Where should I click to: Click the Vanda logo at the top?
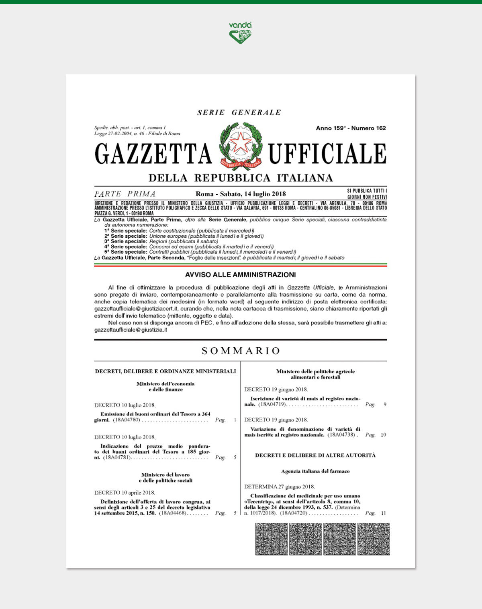point(240,33)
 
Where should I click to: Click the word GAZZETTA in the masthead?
point(153,153)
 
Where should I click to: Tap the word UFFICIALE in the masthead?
point(327,153)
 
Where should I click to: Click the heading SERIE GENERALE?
point(239,113)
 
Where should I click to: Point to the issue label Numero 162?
point(369,128)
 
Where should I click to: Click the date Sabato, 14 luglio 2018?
point(253,194)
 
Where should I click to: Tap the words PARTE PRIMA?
point(125,194)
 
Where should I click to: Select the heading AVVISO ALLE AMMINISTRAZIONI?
point(240,275)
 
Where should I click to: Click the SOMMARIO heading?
point(241,351)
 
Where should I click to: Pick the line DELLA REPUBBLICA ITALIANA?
point(241,178)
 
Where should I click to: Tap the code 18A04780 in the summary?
point(127,420)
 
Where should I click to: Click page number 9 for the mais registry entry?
point(385,404)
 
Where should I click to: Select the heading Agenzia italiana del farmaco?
point(315,471)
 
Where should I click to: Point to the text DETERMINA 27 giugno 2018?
point(280,487)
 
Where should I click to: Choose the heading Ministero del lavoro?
point(165,475)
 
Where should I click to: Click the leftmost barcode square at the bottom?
point(272,539)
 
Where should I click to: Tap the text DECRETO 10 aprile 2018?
point(125,493)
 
